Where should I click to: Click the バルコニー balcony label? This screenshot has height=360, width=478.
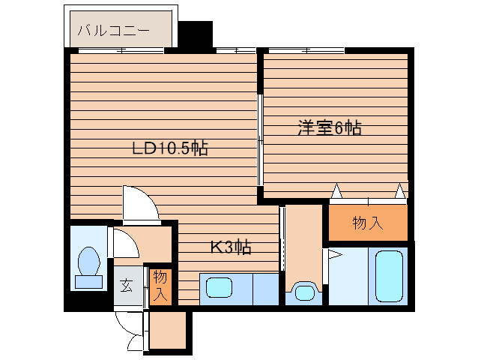coord(114,31)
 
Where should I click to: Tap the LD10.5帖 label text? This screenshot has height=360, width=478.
coord(170,148)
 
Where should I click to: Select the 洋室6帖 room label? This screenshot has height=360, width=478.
coord(330,127)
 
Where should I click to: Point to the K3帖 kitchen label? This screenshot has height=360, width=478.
coord(231,247)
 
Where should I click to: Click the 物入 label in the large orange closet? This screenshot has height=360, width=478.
coord(368,223)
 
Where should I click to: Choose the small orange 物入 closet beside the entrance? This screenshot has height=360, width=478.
coord(160,286)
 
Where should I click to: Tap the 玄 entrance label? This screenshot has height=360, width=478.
coord(126,286)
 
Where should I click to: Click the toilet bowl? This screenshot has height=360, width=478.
coord(89,261)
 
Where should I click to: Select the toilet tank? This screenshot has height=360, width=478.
coord(88,282)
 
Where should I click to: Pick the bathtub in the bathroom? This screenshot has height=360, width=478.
coord(389,276)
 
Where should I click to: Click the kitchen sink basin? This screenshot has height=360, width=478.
coord(220,287)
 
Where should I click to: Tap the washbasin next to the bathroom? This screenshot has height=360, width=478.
coord(303,292)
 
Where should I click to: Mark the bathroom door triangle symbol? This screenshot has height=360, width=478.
coord(334,254)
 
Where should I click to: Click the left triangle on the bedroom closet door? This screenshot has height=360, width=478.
coord(336,191)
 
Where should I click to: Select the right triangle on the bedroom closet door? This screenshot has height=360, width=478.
coord(401,191)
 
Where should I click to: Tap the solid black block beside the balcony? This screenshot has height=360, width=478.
coord(195,34)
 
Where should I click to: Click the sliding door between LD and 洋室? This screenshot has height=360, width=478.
coord(260,139)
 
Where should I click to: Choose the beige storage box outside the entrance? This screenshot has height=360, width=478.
coord(168,330)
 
